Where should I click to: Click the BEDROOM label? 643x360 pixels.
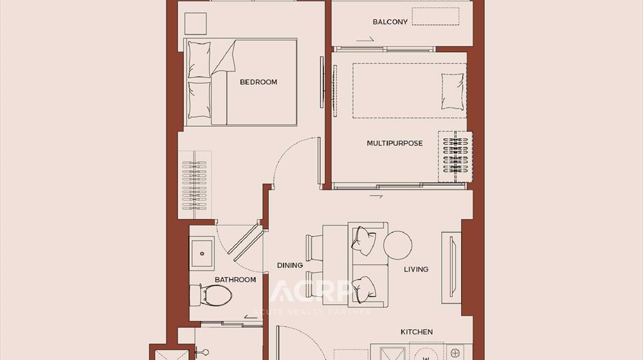258,82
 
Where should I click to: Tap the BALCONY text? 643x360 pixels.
390,22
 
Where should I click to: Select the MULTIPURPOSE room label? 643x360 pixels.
395,143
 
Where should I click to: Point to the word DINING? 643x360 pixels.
290,265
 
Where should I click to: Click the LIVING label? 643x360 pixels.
416,269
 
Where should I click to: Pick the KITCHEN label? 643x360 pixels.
417,332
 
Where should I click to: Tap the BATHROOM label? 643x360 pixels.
235,280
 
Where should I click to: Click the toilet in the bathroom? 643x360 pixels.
211,295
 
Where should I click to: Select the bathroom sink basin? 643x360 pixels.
202,253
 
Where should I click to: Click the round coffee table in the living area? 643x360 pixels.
398,245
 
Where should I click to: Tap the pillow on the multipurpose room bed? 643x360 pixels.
452,91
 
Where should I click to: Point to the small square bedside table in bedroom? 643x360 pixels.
195,23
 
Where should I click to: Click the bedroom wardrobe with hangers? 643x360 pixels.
194,185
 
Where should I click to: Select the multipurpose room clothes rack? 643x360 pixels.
455,157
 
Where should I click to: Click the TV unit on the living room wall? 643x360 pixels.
451,267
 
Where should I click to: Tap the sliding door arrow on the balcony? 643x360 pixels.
365,40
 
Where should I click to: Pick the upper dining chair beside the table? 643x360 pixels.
314,248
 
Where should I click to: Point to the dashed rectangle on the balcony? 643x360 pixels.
435,16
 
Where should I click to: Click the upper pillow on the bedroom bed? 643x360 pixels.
199,59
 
